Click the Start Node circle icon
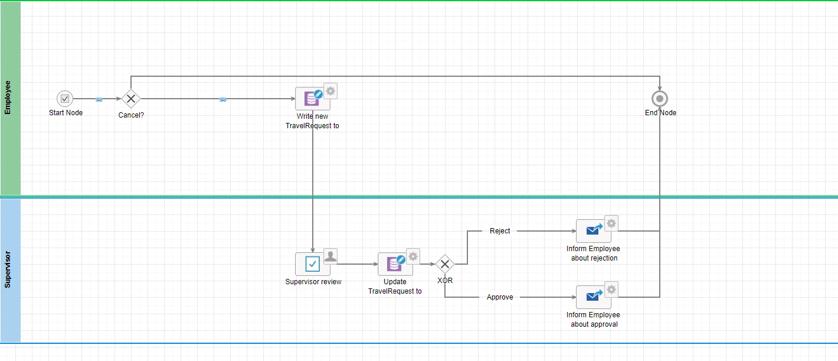65,99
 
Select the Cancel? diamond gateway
131,99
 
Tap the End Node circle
660,99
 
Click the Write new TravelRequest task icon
312,99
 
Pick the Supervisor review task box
312,264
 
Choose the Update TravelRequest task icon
395,264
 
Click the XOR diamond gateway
445,264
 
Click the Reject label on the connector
500,231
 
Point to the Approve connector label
500,297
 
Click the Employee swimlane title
8,97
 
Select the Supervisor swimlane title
8,269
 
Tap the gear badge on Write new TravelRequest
330,91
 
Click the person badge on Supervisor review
330,256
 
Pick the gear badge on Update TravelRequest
413,256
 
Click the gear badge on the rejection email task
611,223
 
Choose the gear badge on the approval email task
611,290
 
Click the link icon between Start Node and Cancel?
99,100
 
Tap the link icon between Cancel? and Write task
222,100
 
